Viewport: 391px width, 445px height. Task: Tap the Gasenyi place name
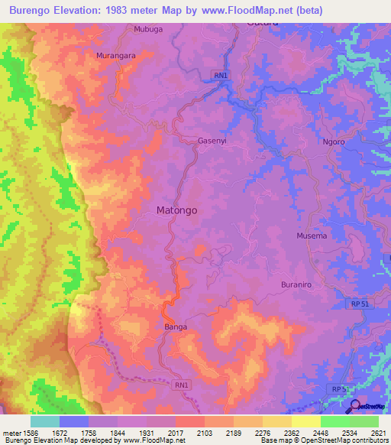[213, 141]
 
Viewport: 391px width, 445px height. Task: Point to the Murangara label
[116, 56]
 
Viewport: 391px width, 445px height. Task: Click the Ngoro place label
[334, 142]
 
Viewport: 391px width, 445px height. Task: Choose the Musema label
[312, 235]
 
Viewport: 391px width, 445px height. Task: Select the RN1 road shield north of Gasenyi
[220, 74]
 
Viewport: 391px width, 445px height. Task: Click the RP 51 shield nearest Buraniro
[341, 304]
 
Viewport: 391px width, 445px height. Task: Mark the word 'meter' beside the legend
[11, 432]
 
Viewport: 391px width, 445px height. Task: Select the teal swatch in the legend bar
[45, 421]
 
